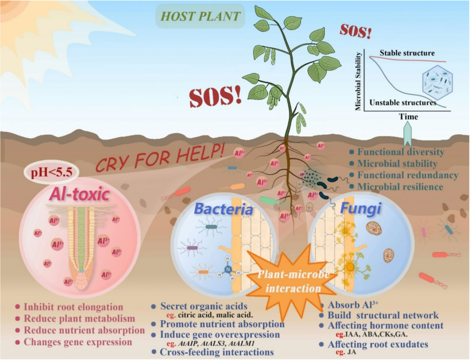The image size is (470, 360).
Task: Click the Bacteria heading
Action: tap(223, 210)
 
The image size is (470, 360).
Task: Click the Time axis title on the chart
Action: tap(408, 117)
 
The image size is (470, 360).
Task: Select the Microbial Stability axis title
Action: tap(359, 81)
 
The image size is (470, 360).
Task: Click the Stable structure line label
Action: tap(407, 53)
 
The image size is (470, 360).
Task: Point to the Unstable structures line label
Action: tap(403, 103)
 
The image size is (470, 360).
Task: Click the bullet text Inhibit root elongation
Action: tap(73, 307)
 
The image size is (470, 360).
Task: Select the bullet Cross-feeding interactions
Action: tap(217, 352)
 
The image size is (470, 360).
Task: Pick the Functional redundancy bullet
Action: tap(407, 175)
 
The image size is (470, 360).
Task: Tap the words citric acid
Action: tap(194, 314)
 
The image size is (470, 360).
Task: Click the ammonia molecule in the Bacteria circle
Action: tap(228, 269)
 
